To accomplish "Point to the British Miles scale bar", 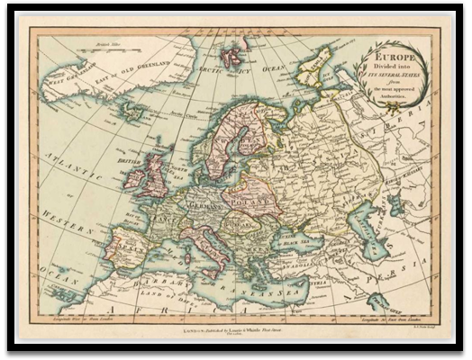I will (112, 44).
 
